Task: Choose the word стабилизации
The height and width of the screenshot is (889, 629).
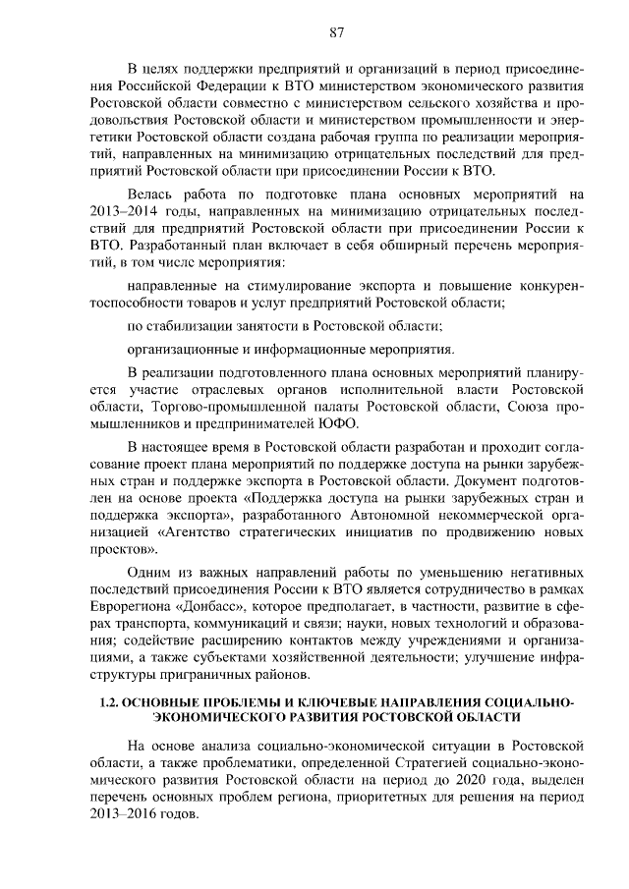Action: pos(195,325)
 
